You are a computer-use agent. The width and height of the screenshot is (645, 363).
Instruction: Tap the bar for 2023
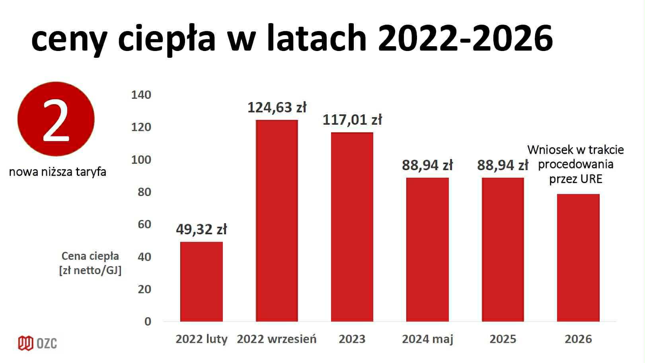(352, 227)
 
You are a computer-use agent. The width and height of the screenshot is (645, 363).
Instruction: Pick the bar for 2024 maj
(427, 249)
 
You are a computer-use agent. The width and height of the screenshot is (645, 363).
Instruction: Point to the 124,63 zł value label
(277, 108)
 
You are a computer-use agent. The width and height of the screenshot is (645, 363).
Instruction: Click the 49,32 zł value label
(201, 230)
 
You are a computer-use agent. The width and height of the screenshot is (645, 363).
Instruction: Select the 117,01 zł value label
(352, 120)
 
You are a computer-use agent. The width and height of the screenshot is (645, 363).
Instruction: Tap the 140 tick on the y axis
(141, 95)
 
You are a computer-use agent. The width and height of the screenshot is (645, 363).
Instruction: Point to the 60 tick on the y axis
(144, 224)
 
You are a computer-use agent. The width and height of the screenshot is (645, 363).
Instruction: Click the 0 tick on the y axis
(148, 322)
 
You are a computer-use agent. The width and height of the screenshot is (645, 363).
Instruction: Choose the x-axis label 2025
(503, 339)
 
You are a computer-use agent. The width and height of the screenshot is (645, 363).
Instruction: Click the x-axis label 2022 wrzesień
(277, 339)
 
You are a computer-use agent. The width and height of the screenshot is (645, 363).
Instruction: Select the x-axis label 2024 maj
(427, 339)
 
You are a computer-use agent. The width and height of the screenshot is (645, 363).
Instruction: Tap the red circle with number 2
(56, 119)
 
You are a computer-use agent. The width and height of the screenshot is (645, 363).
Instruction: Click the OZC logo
(37, 343)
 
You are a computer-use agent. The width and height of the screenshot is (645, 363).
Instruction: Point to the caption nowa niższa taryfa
(58, 172)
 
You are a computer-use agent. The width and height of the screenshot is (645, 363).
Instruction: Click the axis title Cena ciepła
(90, 256)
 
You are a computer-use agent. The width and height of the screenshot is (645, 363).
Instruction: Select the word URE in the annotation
(591, 179)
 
